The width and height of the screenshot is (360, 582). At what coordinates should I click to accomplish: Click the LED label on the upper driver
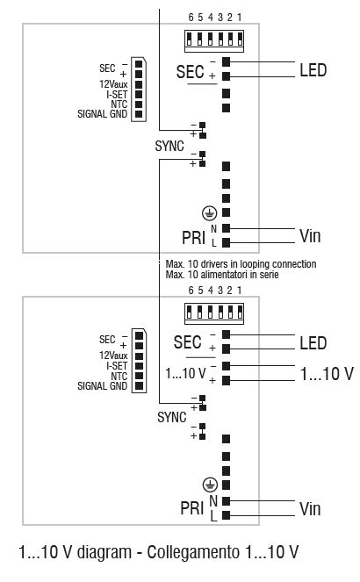coord(313,69)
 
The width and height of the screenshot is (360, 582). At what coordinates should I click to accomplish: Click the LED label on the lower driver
coord(313,342)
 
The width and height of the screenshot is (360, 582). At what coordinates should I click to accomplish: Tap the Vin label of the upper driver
coord(311,235)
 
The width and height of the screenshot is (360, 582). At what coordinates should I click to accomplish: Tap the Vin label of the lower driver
coord(311,508)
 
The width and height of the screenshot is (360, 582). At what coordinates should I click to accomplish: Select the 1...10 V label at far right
coord(327,374)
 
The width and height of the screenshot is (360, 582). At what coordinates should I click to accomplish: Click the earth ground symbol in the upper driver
coord(209,212)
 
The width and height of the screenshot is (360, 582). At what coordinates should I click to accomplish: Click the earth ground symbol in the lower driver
coord(209,484)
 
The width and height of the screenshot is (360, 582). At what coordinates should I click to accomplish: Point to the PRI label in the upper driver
coord(193,235)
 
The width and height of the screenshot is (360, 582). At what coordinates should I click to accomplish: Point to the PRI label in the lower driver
coord(192,507)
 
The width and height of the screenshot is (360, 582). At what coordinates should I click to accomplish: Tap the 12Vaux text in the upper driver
coord(113,85)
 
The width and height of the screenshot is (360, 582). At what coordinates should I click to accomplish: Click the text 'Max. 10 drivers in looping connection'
coord(240,264)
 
